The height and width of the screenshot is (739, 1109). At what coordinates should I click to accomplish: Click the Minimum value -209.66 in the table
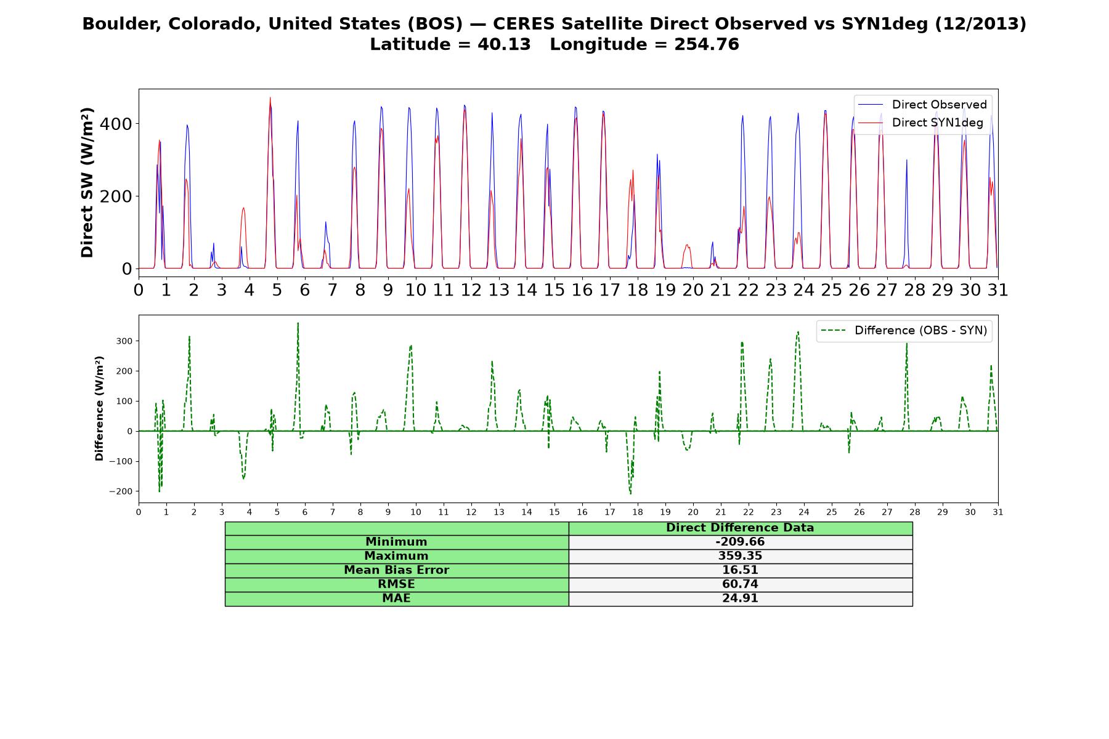[740, 542]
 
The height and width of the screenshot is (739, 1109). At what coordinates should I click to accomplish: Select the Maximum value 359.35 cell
[740, 556]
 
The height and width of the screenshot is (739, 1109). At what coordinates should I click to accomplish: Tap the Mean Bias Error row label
[396, 570]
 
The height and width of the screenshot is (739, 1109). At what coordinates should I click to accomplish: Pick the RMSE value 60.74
[740, 584]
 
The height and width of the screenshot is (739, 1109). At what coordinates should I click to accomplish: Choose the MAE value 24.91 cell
[740, 599]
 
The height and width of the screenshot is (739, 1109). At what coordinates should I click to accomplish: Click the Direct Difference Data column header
[740, 528]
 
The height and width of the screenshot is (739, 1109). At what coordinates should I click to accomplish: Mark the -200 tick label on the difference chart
[121, 491]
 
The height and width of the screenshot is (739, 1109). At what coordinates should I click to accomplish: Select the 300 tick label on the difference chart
[123, 341]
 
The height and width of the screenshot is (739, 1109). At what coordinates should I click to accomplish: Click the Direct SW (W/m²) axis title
[87, 182]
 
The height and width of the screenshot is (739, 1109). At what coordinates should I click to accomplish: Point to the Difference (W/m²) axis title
[99, 408]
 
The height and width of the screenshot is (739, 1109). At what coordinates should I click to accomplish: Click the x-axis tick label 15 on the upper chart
[554, 290]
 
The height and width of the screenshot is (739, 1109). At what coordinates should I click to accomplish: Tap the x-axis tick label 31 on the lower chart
[998, 512]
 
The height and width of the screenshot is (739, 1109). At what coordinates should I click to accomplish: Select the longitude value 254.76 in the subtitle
[707, 44]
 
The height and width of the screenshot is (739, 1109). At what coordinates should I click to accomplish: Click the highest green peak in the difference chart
[298, 323]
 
